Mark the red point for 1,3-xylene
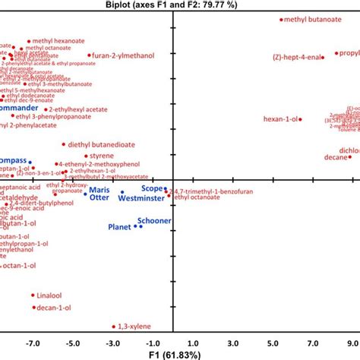pos(114,327)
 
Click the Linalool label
pos(51,294)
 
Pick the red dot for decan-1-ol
pos(33,308)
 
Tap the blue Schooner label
pos(153,220)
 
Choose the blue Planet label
pos(119,226)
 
